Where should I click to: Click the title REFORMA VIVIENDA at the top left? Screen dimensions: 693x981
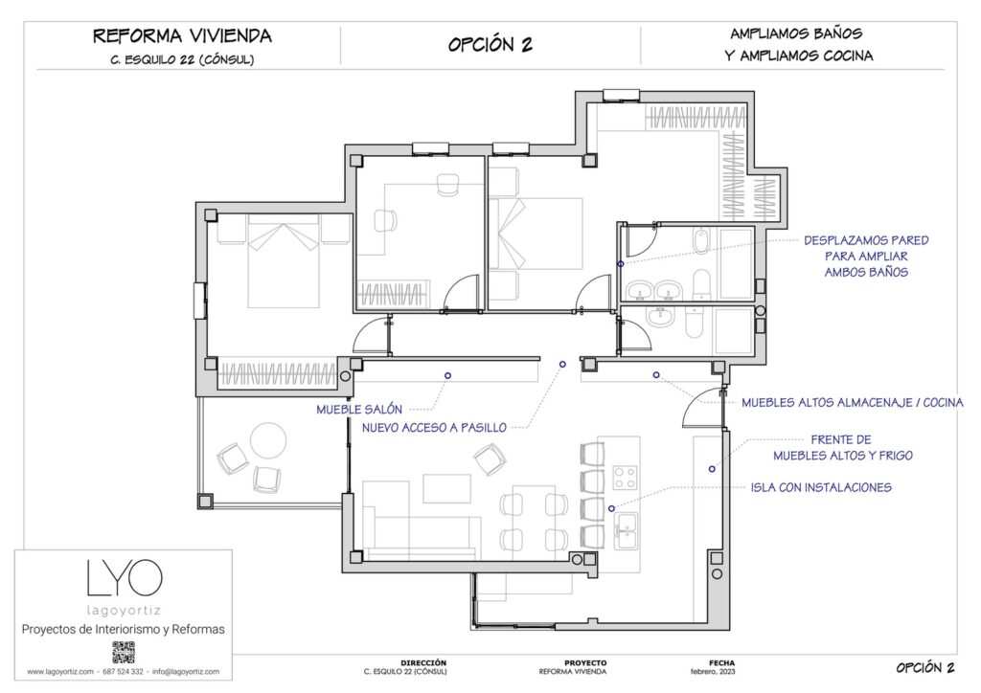coord(182,36)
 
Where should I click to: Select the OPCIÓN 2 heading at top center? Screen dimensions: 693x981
coord(490,45)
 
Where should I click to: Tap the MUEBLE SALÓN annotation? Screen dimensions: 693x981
coord(359,410)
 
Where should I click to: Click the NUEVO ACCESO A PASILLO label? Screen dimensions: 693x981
coord(434,428)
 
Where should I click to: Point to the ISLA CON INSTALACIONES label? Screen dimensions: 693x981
coord(821,487)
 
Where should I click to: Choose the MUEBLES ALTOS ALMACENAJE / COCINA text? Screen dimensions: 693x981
coord(852,403)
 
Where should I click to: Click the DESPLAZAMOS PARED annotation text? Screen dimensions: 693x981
coord(866,240)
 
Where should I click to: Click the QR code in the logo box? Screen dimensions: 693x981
coord(124,653)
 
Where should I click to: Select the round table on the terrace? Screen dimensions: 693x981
coord(268,441)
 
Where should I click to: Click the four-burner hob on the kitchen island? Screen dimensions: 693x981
coord(627,476)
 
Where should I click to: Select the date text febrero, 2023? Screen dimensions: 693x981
coord(721,672)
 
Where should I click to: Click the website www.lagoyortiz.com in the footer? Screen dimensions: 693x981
coord(60,672)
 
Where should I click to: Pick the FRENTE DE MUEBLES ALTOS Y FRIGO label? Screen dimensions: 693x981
coord(842,448)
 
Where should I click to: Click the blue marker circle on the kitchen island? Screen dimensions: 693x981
coord(610,507)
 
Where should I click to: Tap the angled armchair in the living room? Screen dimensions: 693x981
coord(490,460)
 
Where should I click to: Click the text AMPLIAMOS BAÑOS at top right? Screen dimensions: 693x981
coord(799,33)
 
